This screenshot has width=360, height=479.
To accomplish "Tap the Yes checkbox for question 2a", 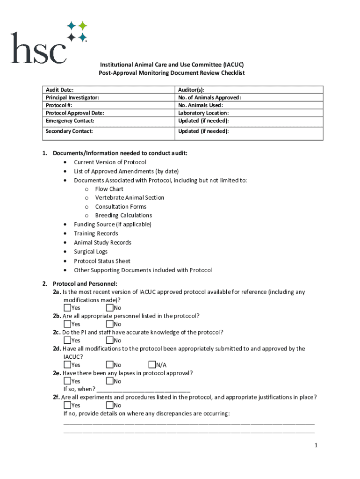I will (67, 308).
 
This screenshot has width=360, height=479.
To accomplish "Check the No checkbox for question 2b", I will (109, 324).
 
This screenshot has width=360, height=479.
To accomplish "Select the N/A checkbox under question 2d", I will (151, 365).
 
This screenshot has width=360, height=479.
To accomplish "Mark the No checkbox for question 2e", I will (109, 381).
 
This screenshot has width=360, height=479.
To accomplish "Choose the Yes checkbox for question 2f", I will (67, 405).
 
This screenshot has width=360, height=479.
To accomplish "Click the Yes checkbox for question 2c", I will (67, 341).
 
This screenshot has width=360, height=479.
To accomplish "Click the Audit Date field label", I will (59, 90).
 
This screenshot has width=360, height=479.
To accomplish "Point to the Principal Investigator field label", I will (72, 97).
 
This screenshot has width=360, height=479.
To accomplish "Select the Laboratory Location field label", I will (203, 113).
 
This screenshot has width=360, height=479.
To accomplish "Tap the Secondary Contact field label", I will (69, 131).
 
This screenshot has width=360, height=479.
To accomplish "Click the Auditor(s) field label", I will (191, 90).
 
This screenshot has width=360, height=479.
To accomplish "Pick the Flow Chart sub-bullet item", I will (109, 189).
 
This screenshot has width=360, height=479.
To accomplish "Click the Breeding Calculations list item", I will (123, 215).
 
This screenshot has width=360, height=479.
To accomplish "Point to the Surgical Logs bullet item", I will (91, 252).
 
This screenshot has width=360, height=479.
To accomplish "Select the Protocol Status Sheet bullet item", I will (102, 261).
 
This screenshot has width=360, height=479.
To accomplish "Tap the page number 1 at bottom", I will (316, 445).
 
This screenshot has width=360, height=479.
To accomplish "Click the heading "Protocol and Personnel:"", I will (85, 283).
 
